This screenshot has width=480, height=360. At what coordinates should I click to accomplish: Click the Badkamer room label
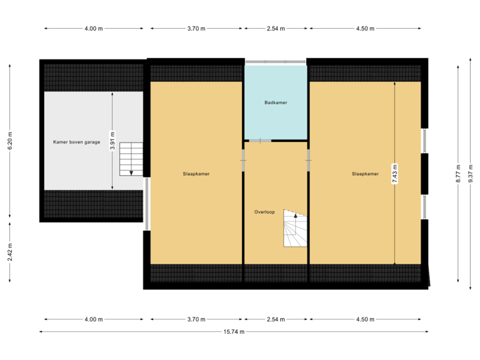pyautogui.click(x=275, y=103)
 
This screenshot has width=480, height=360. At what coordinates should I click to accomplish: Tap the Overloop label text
pyautogui.click(x=264, y=212)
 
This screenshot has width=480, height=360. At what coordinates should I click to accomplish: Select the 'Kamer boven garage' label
pyautogui.click(x=77, y=142)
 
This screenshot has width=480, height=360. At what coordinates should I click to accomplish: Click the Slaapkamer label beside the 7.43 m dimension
pyautogui.click(x=365, y=173)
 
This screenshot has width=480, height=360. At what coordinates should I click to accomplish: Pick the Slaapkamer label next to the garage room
pyautogui.click(x=197, y=173)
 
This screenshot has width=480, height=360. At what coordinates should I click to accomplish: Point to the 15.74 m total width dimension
pyautogui.click(x=233, y=331)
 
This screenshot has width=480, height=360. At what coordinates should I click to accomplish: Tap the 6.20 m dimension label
pyautogui.click(x=9, y=140)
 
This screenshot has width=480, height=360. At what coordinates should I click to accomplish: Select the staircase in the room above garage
pyautogui.click(x=131, y=159)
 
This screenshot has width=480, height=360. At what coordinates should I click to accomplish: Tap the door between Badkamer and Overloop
pyautogui.click(x=260, y=141)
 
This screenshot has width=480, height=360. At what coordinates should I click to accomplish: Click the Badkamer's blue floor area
pyautogui.click(x=275, y=120)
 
